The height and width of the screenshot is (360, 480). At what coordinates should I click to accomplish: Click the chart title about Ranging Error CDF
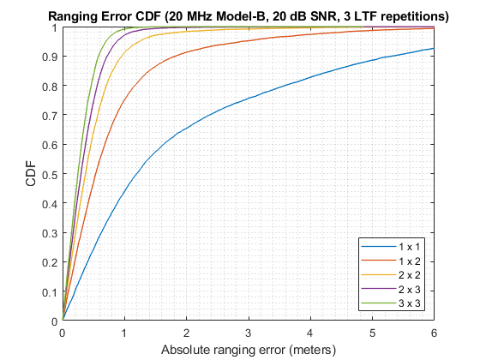click(249, 15)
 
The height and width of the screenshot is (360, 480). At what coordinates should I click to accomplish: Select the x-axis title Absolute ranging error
click(249, 350)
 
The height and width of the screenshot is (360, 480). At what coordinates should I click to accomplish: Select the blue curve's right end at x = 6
click(433, 48)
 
